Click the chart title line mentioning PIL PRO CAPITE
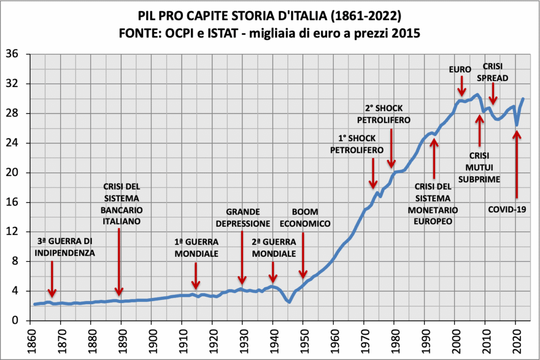coord(269,16)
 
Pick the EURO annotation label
coord(461,70)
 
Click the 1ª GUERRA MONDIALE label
coord(196,248)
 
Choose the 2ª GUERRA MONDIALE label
coord(274,248)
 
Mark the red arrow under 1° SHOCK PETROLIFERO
coord(373,172)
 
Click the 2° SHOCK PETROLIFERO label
coord(383,114)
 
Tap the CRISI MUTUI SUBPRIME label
coord(479,168)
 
